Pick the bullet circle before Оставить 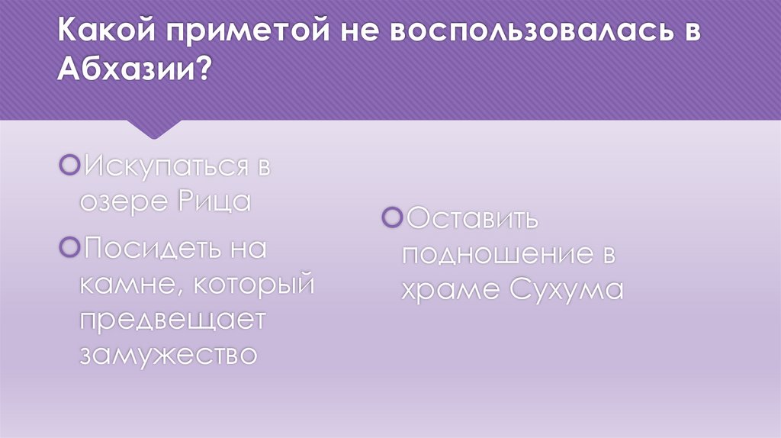[393, 217]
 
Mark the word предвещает [172, 319]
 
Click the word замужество [168, 354]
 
